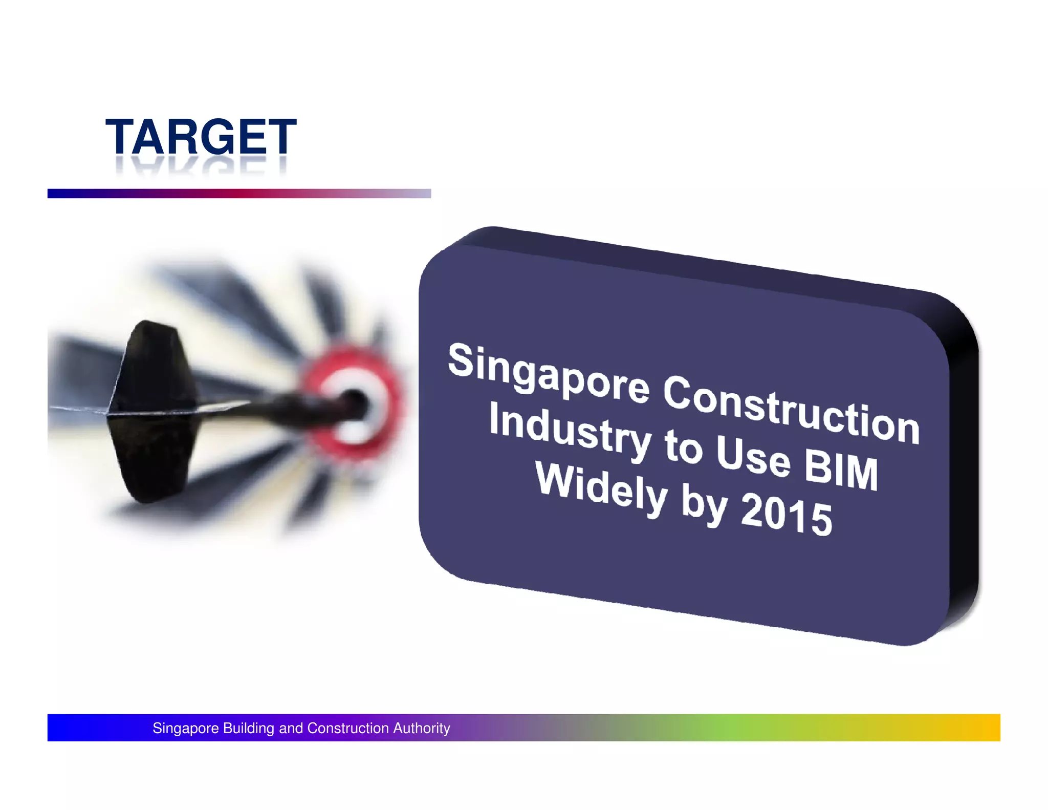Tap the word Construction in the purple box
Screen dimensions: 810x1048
click(x=791, y=410)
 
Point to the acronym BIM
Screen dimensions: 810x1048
click(x=841, y=471)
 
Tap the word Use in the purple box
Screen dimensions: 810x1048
click(x=753, y=456)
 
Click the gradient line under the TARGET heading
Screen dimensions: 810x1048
click(x=239, y=194)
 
